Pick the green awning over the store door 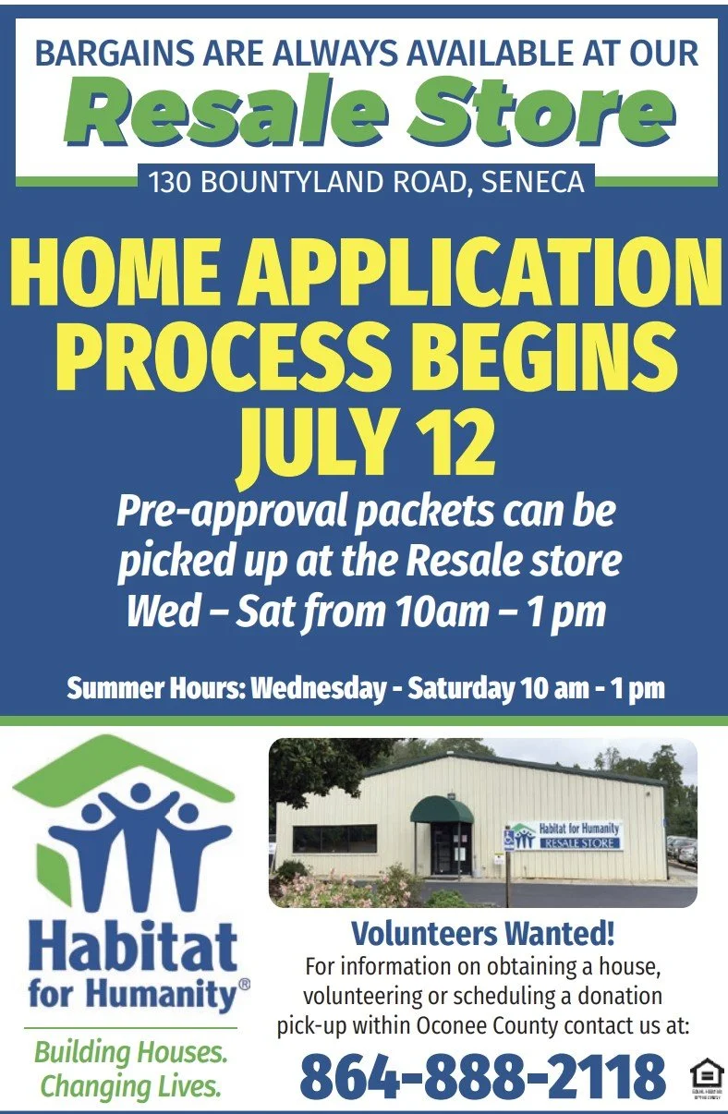(x=442, y=811)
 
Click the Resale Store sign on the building (x=566, y=836)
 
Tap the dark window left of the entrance (x=334, y=838)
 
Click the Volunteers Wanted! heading (x=482, y=933)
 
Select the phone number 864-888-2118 (x=482, y=1076)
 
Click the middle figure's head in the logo (x=140, y=793)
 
